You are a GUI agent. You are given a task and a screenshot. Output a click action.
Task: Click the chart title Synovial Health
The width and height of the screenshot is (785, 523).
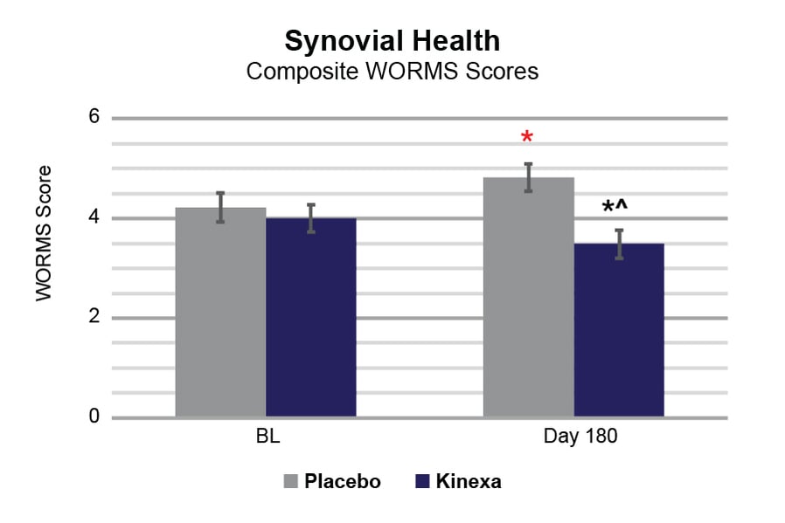(392, 41)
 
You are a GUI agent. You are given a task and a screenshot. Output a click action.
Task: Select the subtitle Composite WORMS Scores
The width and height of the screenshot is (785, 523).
(392, 72)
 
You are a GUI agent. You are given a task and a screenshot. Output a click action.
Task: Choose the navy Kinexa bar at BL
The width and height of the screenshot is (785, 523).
(310, 318)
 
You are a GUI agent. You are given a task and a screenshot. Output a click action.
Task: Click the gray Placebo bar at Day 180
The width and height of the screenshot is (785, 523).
(528, 297)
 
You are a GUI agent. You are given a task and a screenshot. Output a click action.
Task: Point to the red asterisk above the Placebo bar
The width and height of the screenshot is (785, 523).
(526, 138)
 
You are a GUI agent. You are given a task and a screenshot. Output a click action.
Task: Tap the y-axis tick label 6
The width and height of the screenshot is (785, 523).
(94, 118)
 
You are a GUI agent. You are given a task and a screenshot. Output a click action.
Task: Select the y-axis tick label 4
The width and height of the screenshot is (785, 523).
(94, 218)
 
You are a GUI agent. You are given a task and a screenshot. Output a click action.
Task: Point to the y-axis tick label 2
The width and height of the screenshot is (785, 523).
(94, 318)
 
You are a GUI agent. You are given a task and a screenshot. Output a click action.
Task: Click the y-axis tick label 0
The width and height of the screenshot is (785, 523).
(94, 417)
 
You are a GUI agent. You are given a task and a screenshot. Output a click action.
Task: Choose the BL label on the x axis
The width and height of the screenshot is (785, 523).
(266, 437)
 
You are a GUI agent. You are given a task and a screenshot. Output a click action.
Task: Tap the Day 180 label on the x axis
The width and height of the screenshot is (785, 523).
(573, 437)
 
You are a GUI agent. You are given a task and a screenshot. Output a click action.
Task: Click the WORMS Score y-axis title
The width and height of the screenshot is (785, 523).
(45, 234)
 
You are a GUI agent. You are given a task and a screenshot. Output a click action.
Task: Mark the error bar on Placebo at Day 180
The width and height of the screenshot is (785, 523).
(528, 177)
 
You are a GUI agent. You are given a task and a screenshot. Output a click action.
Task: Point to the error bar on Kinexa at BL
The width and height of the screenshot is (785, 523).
(310, 218)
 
